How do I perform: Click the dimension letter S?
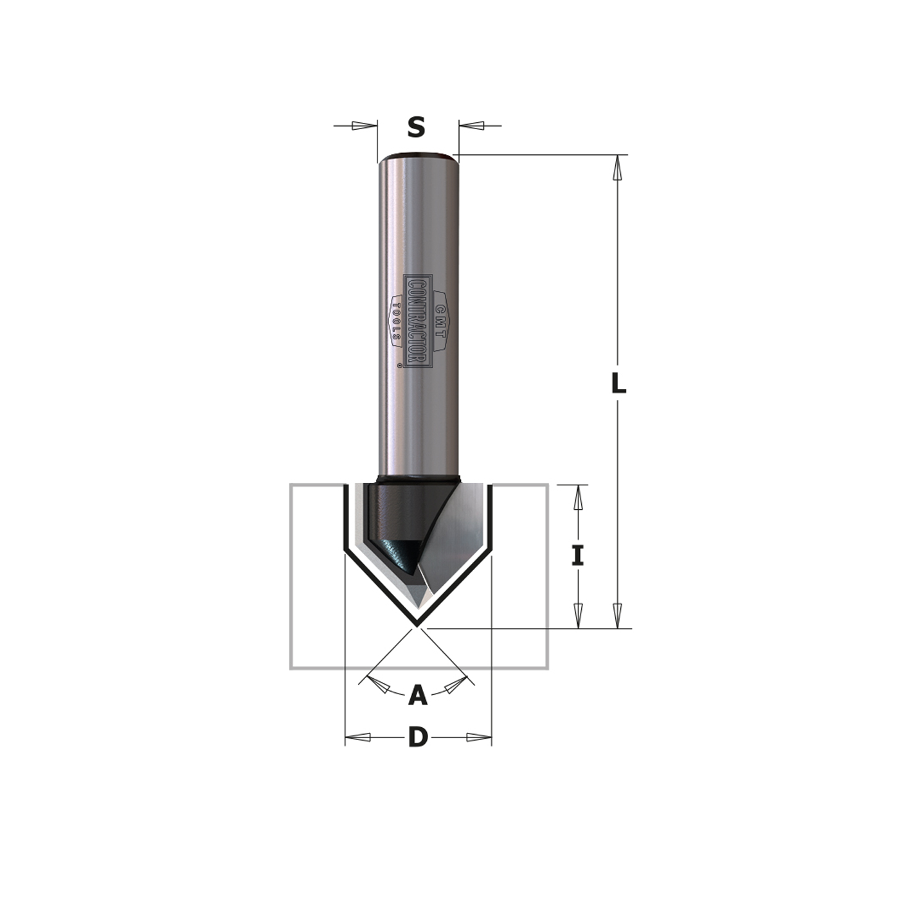coord(417,127)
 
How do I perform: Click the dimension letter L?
coord(618,384)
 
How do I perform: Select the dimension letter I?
coord(578,555)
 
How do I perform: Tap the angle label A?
coord(418,695)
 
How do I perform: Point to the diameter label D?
coord(418,737)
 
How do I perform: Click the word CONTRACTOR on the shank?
coord(419,321)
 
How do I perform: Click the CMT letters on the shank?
coord(440,321)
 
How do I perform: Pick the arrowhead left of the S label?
coord(364,125)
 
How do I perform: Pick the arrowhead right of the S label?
coord(471,125)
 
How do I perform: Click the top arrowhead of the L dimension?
coord(618,168)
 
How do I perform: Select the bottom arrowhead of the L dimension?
coord(618,615)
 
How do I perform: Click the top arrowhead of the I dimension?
coord(578,498)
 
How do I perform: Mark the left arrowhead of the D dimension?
coord(358,737)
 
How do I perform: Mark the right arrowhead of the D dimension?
coord(479,737)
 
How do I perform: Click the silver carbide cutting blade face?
coord(456,540)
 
